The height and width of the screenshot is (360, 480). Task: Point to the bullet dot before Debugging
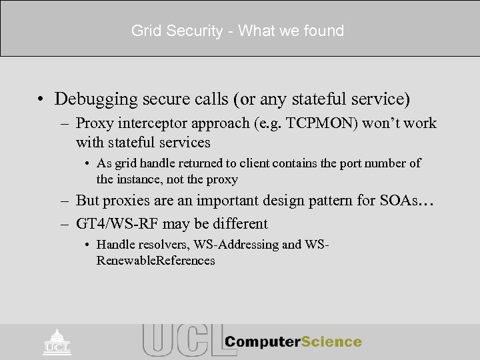pyautogui.click(x=41, y=99)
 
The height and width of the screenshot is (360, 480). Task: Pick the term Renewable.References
pyautogui.click(x=155, y=260)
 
